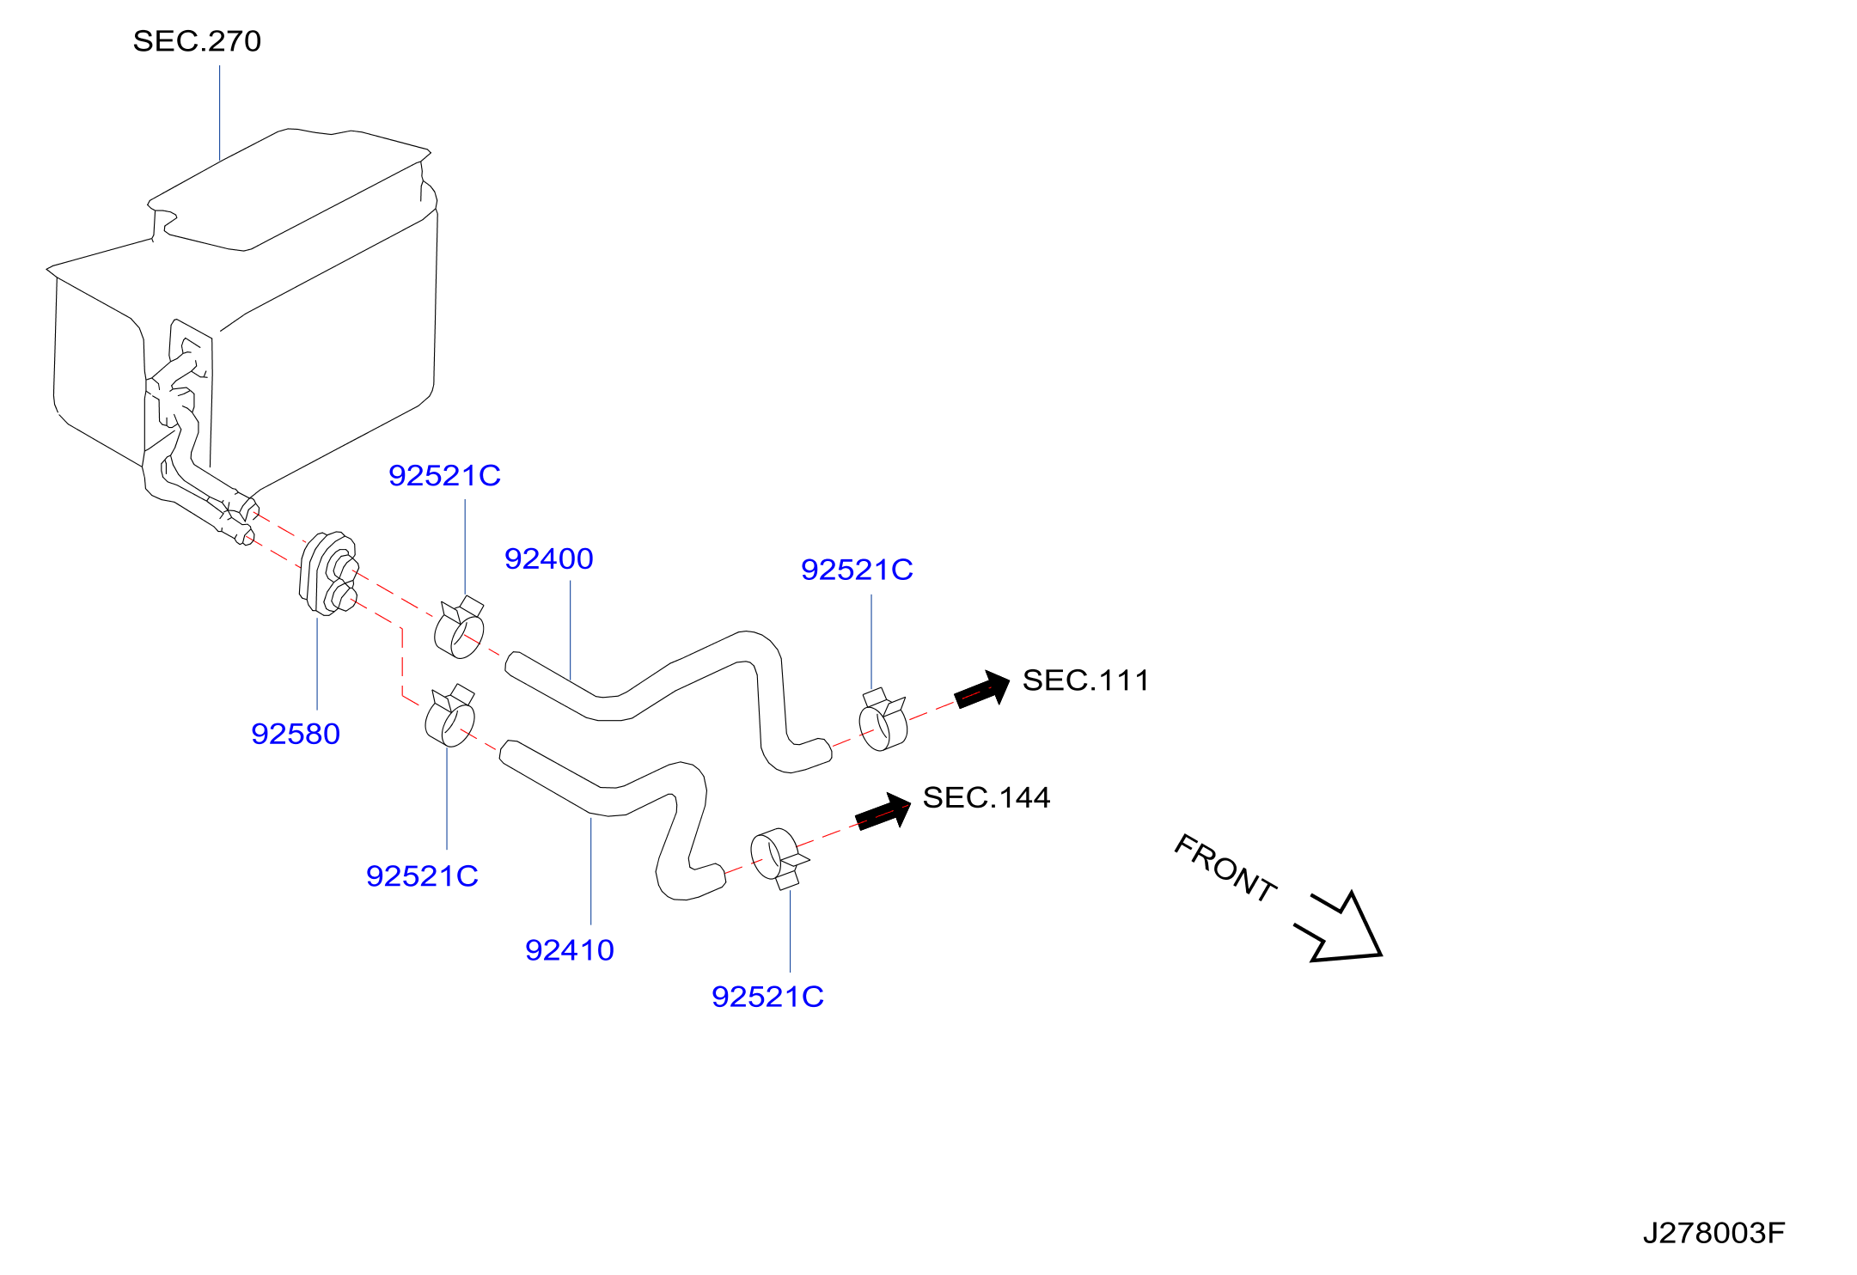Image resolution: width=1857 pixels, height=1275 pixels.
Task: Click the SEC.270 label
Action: point(197,41)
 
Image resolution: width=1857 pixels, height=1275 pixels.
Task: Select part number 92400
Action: point(549,559)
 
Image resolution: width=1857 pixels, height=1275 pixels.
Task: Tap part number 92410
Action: point(570,950)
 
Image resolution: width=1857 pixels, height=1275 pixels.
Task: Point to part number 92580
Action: point(296,734)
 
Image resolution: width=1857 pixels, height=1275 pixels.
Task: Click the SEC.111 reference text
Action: point(1086,680)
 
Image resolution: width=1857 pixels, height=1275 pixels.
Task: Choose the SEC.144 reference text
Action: point(987,797)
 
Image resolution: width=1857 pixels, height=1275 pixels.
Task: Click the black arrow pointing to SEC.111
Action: point(982,689)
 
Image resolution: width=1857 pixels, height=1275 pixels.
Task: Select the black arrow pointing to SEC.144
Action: point(883,811)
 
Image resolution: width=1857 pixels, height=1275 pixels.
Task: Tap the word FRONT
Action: point(1225,869)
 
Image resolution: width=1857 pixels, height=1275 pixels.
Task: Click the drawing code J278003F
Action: point(1713,1233)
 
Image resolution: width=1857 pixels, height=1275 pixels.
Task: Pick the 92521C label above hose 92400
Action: point(444,476)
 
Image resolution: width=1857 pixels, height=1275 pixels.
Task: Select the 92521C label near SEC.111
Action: point(857,570)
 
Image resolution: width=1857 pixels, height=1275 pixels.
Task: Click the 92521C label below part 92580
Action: point(422,876)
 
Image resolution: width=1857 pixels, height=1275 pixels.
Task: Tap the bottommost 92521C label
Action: point(767,997)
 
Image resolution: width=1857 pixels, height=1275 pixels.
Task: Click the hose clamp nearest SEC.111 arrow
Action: point(883,720)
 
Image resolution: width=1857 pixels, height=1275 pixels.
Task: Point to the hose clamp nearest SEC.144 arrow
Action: point(777,857)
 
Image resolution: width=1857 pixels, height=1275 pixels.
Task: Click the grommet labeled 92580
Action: point(328,574)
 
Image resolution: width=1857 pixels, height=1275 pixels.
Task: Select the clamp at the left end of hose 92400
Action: point(460,628)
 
